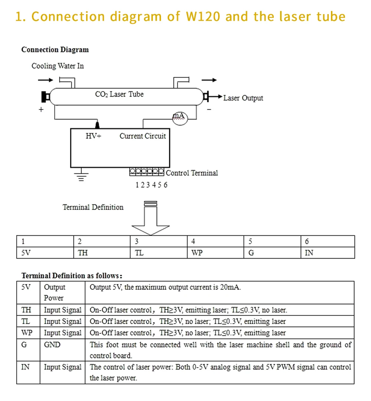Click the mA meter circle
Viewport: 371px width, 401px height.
click(179, 118)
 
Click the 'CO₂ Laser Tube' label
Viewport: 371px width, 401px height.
click(119, 95)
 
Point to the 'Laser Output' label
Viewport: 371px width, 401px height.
click(243, 98)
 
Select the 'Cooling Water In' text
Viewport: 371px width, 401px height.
click(58, 66)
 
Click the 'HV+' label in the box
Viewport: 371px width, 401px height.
click(93, 136)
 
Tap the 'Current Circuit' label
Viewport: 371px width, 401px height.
click(142, 136)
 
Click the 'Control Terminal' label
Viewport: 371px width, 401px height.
click(192, 173)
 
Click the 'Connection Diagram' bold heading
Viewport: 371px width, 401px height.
click(55, 50)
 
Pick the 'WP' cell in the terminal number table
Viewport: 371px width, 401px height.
click(197, 253)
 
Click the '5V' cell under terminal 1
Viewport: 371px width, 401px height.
click(26, 253)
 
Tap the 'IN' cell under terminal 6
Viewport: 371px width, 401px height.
click(309, 253)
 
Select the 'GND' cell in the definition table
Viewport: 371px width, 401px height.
click(52, 345)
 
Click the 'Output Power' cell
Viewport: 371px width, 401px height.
click(54, 292)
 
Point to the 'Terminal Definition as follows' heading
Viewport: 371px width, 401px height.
click(72, 276)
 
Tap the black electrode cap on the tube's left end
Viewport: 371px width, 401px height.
click(46, 96)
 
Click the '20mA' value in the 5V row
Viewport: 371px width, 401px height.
click(230, 287)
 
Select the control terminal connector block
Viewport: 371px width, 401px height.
click(147, 172)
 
